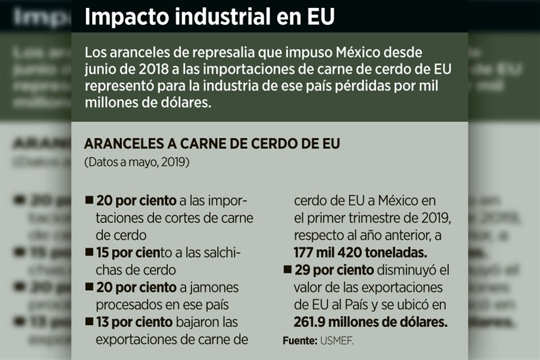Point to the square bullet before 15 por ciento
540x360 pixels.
[x=89, y=252]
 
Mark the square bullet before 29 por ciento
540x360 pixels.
[x=287, y=270]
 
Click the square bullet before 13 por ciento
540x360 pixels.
[x=89, y=322]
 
